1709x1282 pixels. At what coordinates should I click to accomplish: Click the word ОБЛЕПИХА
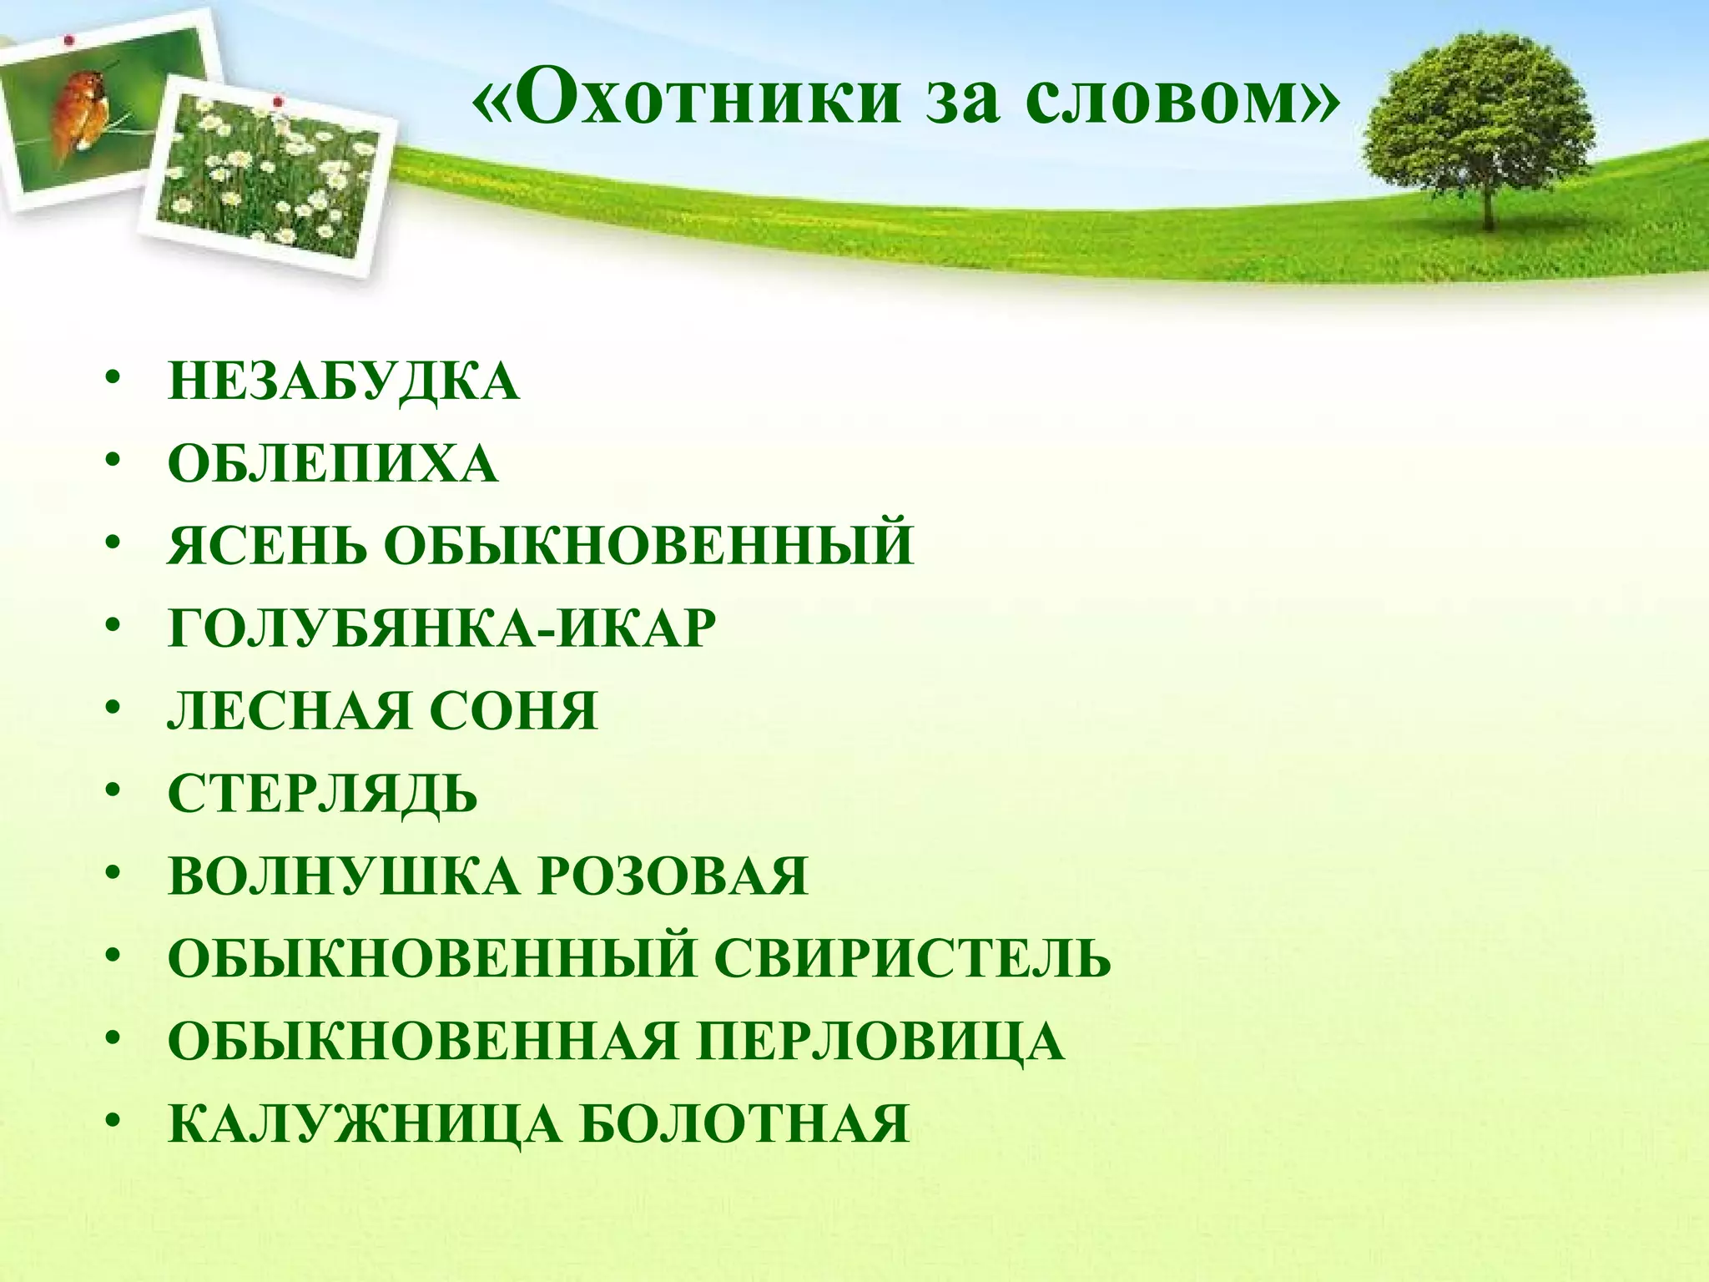pyautogui.click(x=333, y=465)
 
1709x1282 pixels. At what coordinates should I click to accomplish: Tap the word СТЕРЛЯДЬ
pyautogui.click(x=323, y=794)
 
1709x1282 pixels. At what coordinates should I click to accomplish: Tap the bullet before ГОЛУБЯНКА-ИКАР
pyautogui.click(x=113, y=628)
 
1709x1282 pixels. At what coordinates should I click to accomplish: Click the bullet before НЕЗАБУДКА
pyautogui.click(x=113, y=381)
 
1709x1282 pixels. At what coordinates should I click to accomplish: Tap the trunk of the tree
pyautogui.click(x=1486, y=200)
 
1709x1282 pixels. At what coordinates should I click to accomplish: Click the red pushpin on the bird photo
pyautogui.click(x=68, y=39)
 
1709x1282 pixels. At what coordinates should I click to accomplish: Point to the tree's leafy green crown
pyautogui.click(x=1477, y=109)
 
